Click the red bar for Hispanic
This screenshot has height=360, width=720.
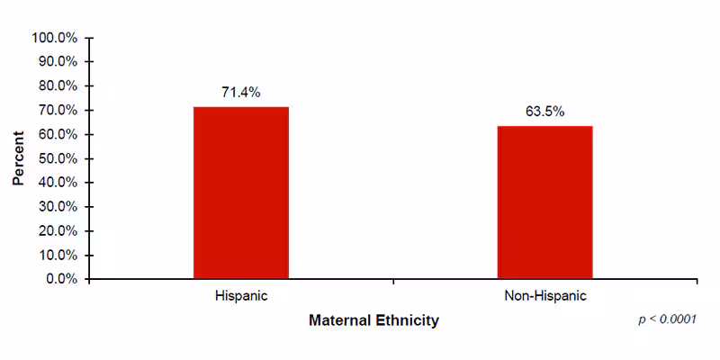[241, 193]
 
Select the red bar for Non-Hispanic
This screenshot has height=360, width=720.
[544, 202]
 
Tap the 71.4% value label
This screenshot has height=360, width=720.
[241, 92]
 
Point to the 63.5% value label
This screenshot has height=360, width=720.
[544, 112]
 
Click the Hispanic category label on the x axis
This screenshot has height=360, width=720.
[241, 295]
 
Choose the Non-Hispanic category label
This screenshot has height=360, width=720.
[544, 295]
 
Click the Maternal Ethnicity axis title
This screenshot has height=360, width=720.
[373, 320]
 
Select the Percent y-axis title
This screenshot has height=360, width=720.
[18, 158]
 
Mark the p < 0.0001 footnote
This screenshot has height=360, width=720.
[667, 319]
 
